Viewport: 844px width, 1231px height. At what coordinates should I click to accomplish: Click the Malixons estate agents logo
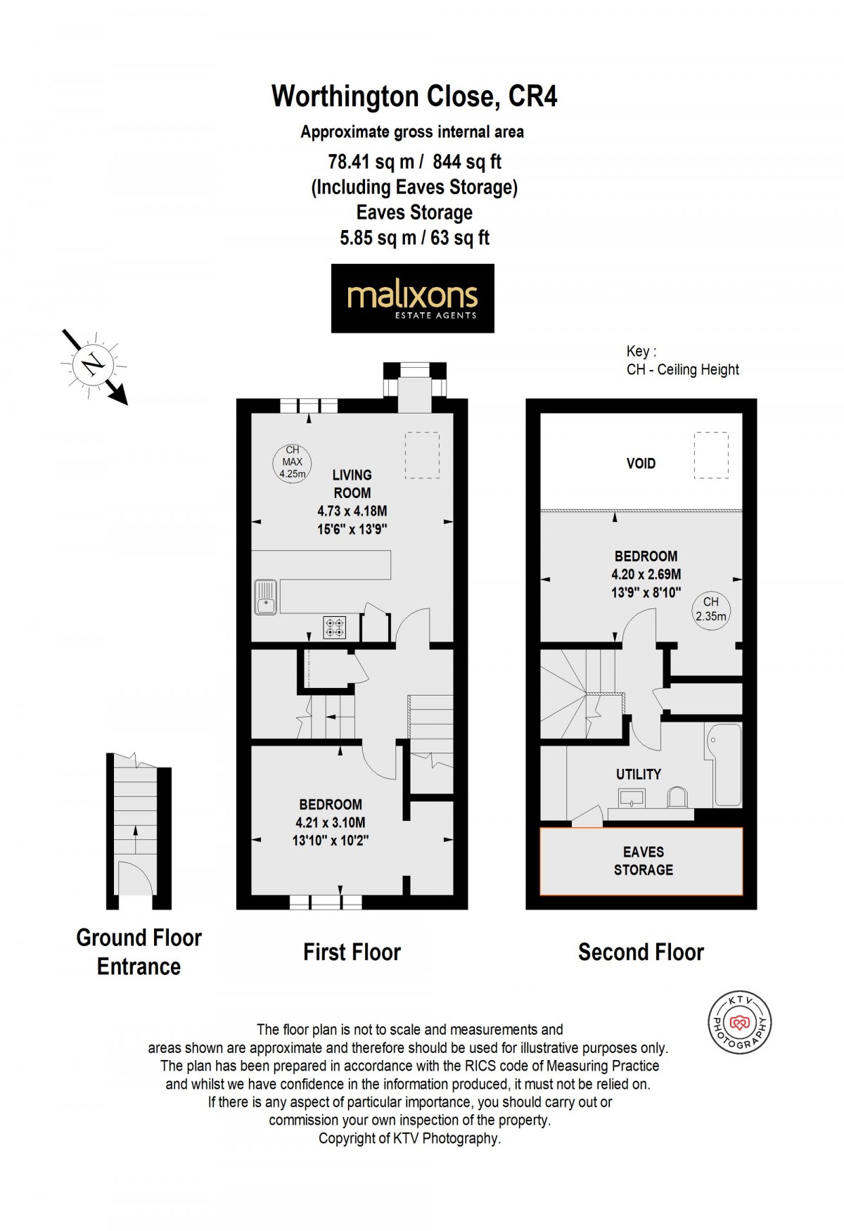413,298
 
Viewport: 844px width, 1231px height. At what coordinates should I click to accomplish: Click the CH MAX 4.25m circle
292,462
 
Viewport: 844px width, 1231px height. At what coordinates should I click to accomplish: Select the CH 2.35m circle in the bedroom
710,609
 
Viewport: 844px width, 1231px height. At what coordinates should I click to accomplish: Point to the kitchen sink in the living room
265,597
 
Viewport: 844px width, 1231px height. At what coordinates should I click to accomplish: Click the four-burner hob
335,627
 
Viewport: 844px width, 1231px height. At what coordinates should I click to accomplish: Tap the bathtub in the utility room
724,765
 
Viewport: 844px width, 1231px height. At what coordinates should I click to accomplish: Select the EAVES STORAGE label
643,861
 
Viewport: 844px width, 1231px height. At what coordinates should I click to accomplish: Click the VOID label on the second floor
641,464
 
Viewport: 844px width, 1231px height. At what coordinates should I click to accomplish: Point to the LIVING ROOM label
352,484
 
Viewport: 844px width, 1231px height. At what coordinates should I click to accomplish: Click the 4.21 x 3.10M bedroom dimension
331,822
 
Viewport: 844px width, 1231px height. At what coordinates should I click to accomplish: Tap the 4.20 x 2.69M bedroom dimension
646,574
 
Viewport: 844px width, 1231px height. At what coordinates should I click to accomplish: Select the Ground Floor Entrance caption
139,952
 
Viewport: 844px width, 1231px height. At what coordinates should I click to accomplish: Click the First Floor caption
352,952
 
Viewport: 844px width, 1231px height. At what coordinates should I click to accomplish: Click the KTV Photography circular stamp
739,1022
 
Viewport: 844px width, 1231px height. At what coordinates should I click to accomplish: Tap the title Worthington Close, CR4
414,96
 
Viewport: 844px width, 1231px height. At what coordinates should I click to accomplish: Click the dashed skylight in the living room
422,456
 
